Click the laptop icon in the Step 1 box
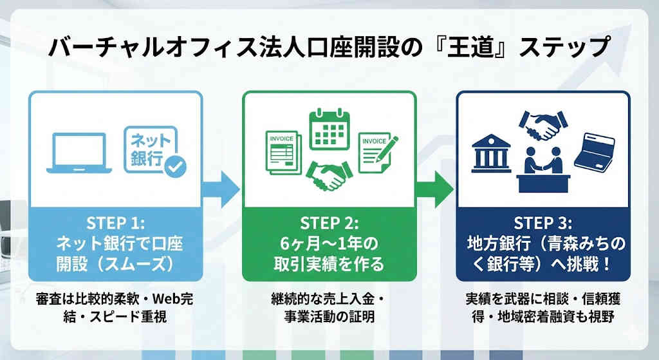coord(79,153)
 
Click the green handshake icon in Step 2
coord(329,175)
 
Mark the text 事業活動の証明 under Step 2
coord(329,317)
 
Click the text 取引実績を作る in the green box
coord(329,264)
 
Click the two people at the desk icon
coord(543,166)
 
